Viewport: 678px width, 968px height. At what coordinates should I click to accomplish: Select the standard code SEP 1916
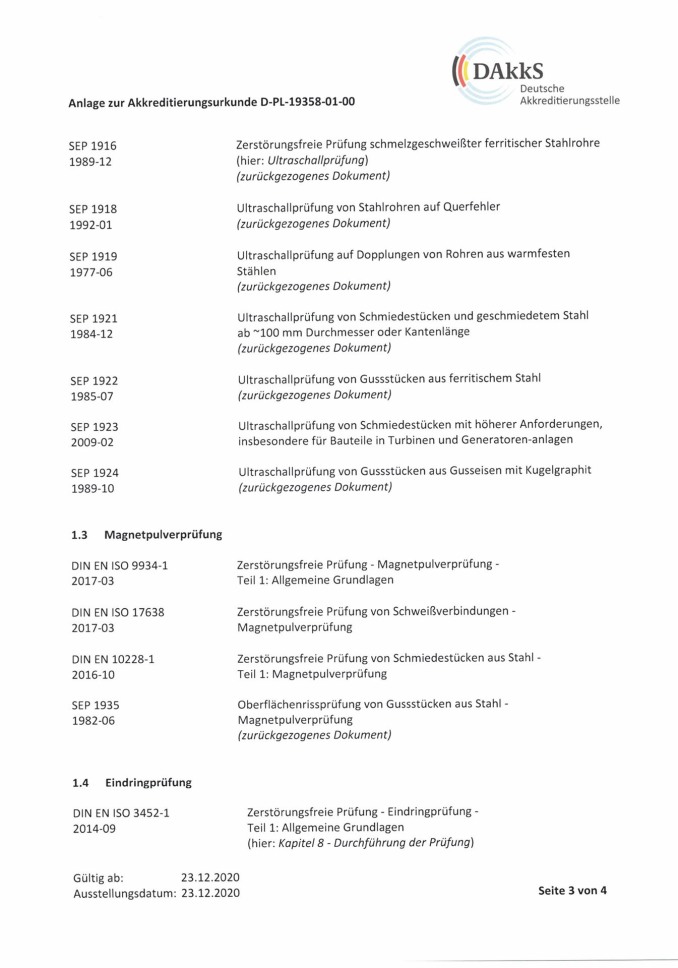pos(93,146)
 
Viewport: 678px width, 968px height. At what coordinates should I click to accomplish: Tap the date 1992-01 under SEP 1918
pos(92,225)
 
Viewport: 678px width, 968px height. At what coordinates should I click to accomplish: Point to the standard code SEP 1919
pos(93,255)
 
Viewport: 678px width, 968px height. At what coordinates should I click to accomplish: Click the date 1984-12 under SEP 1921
pos(92,334)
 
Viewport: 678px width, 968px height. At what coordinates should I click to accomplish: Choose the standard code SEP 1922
pos(94,380)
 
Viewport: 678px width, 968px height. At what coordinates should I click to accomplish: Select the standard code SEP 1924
pos(94,472)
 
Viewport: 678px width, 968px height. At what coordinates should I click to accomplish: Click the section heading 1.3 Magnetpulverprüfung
pos(146,534)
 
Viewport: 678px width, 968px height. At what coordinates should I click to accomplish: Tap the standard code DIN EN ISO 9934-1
pos(119,566)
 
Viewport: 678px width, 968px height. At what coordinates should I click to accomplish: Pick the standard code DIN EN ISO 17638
pos(119,612)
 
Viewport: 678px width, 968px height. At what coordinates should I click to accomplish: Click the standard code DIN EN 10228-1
pos(112,659)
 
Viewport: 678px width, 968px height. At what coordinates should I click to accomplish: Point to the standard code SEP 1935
pos(94,705)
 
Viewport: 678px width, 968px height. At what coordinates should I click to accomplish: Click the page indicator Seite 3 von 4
pos(573,891)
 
